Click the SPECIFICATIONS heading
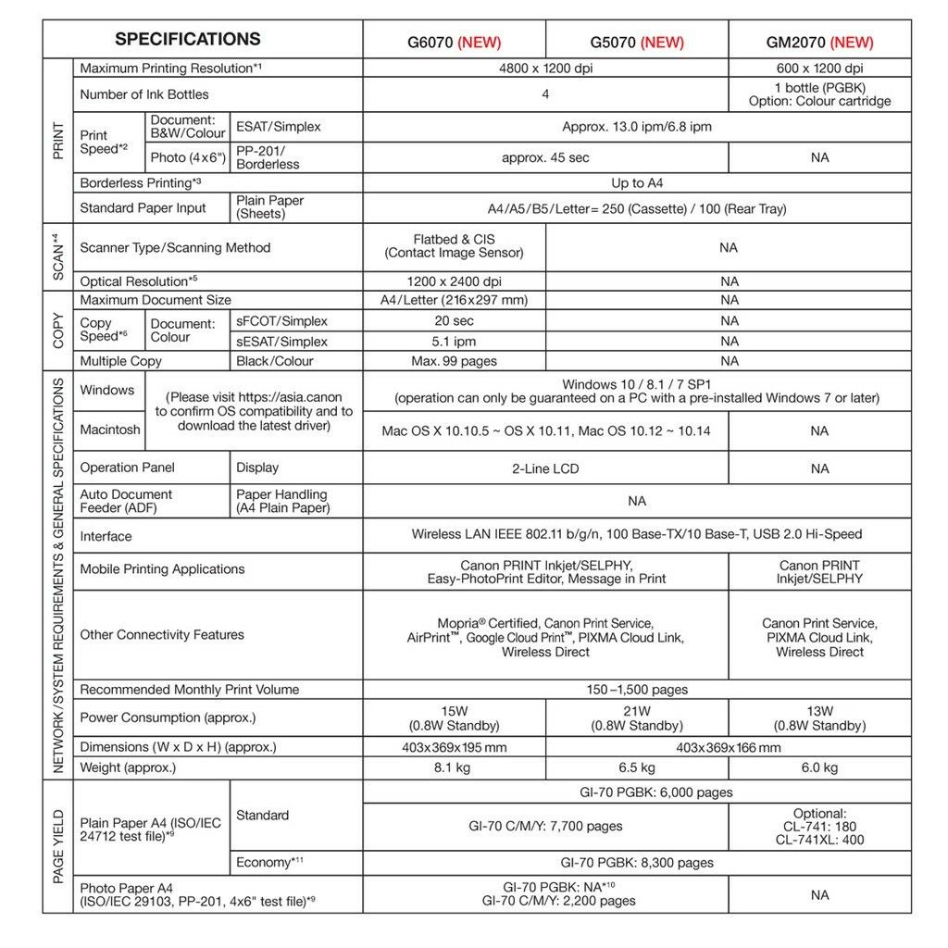(187, 39)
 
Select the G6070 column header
(454, 42)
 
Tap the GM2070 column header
(819, 42)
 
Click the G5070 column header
(637, 42)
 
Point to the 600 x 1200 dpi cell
(819, 69)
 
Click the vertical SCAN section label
(57, 256)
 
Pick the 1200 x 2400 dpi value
(454, 281)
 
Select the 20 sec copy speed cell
(454, 320)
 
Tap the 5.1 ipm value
(454, 342)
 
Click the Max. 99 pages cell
(454, 361)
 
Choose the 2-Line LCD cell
(545, 468)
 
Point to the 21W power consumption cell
(637, 718)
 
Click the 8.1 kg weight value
(454, 767)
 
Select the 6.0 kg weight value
(819, 767)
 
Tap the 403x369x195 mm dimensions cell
(454, 747)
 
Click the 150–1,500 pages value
(637, 690)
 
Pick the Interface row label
(106, 536)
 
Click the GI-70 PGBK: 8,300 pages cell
(637, 863)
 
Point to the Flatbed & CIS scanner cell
(454, 246)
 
